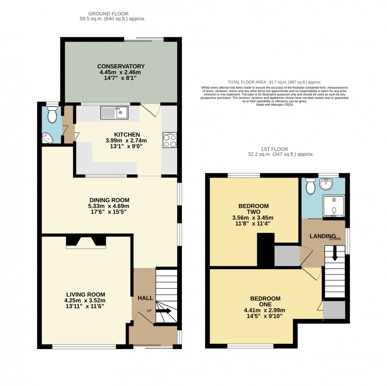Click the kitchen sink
click(x=114, y=112)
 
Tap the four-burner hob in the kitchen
click(x=170, y=140)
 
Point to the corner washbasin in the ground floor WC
click(x=47, y=138)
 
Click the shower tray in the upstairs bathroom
click(x=334, y=206)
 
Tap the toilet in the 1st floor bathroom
click(x=310, y=186)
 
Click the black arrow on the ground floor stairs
click(x=163, y=311)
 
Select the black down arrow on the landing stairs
click(x=335, y=253)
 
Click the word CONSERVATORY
click(x=121, y=66)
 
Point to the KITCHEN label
click(x=127, y=134)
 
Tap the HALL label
click(x=145, y=298)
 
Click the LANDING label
click(x=322, y=236)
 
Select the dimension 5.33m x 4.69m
click(x=109, y=206)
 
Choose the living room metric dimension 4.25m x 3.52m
click(x=85, y=301)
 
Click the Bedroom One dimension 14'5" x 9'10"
click(x=264, y=316)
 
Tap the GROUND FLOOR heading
click(x=108, y=14)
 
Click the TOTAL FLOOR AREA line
click(x=274, y=82)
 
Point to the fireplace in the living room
click(x=86, y=243)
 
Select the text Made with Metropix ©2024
click(x=274, y=104)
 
